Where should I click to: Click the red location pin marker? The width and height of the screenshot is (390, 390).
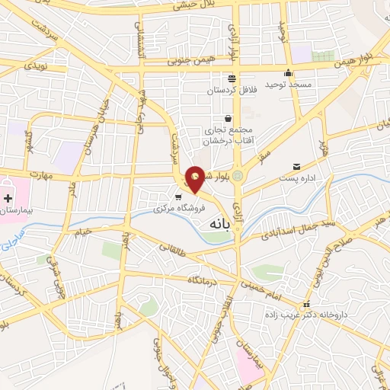click(196, 179)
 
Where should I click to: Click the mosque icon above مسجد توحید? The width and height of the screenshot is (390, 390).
click(288, 73)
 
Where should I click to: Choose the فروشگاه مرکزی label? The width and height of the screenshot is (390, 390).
click(177, 207)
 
